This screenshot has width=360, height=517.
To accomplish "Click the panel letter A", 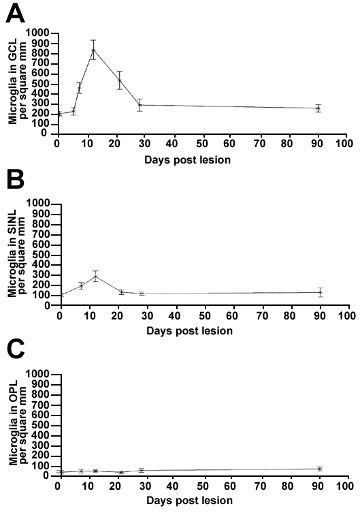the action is pos(15,14).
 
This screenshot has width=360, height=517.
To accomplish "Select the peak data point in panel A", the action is pos(93,50).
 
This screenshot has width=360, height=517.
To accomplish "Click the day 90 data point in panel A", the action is pos(318,108).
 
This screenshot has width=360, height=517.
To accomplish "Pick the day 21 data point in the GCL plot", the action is pos(120,80).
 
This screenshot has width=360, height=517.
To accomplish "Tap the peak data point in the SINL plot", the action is pos(95,277).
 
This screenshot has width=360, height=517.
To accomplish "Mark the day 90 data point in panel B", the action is pos(321,292).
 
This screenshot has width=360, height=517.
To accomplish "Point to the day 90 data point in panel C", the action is pos(319,469).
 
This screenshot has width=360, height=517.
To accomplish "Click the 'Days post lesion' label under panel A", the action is pos(187,160).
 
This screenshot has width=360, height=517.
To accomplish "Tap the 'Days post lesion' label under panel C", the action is pos(189,501).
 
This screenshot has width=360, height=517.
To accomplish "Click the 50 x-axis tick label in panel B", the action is pos(205,316).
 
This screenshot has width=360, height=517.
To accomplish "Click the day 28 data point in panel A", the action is pos(140,105).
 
